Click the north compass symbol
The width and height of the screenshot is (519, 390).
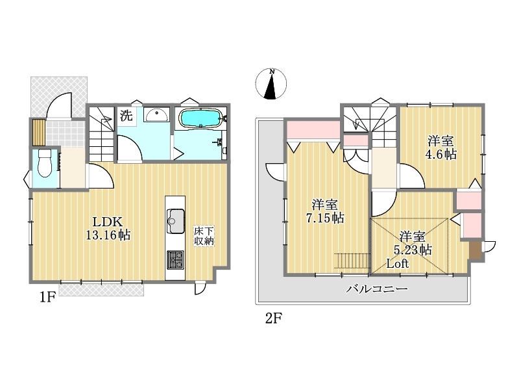point(271,84)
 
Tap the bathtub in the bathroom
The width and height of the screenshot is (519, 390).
point(200,118)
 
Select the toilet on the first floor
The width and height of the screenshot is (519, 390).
point(44,164)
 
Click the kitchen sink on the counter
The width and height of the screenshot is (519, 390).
point(175,221)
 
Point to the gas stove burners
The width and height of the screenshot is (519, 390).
point(175,259)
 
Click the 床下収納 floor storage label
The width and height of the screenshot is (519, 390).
point(204,236)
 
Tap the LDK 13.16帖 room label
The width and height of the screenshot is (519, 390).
point(108,228)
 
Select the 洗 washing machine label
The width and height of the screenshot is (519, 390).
point(126,115)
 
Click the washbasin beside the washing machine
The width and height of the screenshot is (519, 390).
point(157,115)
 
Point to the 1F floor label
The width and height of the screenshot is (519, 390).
point(47,297)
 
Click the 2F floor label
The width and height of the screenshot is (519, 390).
point(273,318)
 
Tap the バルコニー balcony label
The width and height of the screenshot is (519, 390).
point(377,289)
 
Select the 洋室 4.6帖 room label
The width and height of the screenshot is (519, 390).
point(441,148)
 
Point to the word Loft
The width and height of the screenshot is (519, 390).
point(398,264)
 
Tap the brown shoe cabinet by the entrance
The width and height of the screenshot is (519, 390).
point(39,132)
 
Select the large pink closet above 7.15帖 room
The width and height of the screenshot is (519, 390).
point(313,130)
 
